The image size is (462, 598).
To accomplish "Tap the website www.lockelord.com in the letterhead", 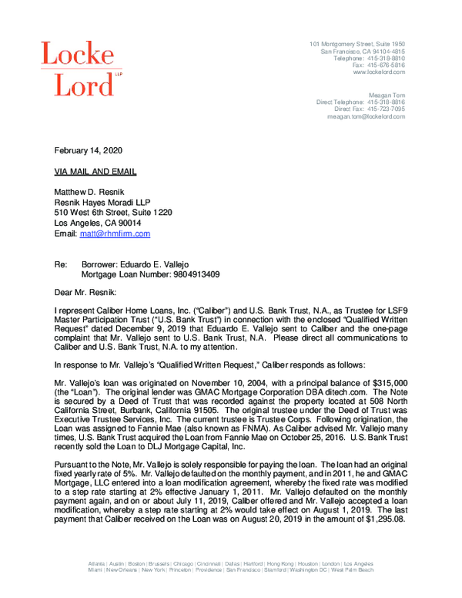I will point(379,72).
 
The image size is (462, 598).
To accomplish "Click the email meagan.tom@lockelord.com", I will point(366,116).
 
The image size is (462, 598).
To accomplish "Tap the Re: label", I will point(62,264).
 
